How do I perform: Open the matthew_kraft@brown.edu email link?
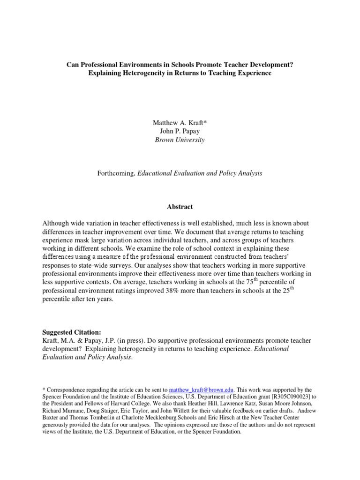pos(202,390)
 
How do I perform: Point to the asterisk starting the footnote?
pos(44,390)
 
